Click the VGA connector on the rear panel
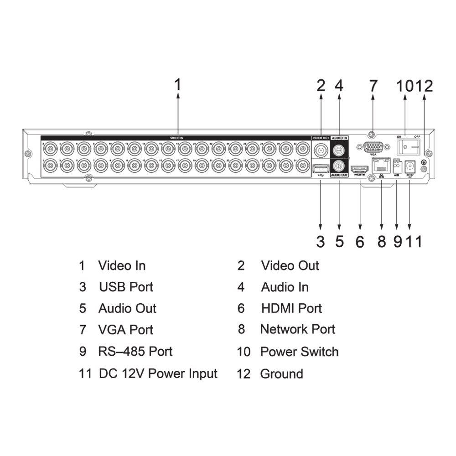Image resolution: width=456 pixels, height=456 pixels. (x=373, y=147)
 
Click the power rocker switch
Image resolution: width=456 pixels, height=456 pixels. (x=408, y=147)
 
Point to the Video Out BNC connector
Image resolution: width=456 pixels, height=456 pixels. (x=321, y=149)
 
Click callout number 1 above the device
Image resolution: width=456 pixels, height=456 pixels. (x=178, y=85)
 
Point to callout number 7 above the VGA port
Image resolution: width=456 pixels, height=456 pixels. (x=373, y=85)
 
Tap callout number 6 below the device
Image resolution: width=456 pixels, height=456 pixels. (x=360, y=242)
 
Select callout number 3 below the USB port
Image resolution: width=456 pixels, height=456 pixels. (x=321, y=242)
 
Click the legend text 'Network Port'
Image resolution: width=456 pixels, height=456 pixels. (x=297, y=329)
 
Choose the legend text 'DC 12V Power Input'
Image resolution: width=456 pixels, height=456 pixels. (x=158, y=373)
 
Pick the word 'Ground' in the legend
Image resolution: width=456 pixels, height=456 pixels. (x=281, y=374)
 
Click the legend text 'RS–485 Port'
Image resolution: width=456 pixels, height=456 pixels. (x=135, y=352)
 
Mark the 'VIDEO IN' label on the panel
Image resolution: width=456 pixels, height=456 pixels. (x=176, y=137)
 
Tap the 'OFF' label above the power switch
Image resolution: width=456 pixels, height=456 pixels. (x=417, y=136)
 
